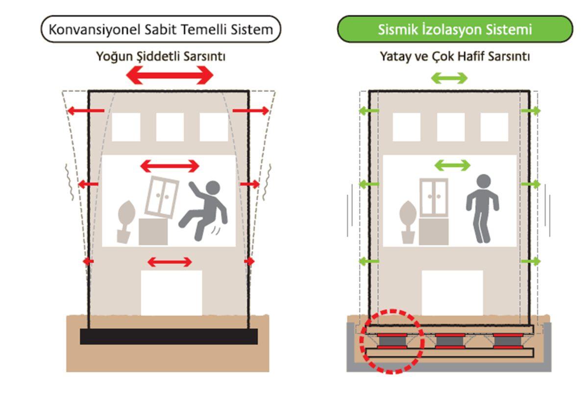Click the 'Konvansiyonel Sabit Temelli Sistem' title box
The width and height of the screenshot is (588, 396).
click(x=161, y=30)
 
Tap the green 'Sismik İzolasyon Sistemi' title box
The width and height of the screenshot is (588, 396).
click(x=455, y=29)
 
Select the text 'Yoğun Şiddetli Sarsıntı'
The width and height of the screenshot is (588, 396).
click(x=161, y=56)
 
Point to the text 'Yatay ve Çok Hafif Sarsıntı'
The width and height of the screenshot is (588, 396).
click(x=455, y=56)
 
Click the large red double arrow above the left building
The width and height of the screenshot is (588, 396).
click(x=170, y=75)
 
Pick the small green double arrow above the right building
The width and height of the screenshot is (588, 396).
click(x=449, y=78)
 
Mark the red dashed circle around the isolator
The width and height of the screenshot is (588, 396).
click(x=391, y=341)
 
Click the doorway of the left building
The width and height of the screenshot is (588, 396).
click(x=171, y=293)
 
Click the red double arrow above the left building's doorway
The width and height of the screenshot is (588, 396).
click(x=170, y=262)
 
